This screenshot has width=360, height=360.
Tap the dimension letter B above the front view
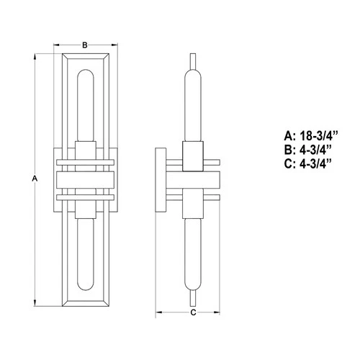point(85,45)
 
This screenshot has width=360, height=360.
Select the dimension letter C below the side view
point(192,312)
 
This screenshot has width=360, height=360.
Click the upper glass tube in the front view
point(85,104)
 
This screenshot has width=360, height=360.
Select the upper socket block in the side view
point(192,157)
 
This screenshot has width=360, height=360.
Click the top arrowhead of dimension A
point(37,55)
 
